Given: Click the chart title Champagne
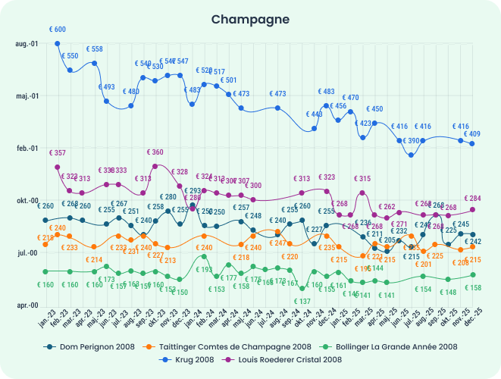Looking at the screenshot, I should pos(250,18).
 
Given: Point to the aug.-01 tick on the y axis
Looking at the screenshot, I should pos(27,44).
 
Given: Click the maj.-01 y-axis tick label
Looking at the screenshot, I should pos(27,96).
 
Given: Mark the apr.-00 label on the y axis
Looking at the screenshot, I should pos(27,305).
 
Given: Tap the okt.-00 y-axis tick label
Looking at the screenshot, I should pos(27,201).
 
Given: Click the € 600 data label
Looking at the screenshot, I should pos(58,30).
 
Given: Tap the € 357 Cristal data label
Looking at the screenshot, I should pos(58,153).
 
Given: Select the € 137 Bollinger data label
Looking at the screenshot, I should pos(302,302).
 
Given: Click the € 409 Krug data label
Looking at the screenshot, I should pos(471,134).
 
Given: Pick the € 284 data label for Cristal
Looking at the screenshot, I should pos(472,199).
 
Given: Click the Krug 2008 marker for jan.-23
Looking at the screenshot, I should pos(58,44).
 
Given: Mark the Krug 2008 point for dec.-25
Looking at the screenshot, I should pos(473,143).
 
